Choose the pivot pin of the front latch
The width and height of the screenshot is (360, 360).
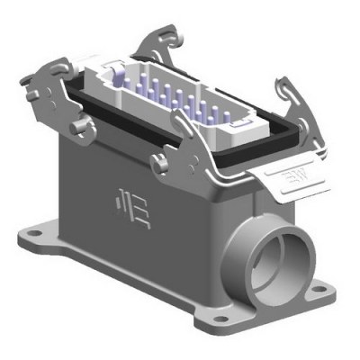[159, 162]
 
